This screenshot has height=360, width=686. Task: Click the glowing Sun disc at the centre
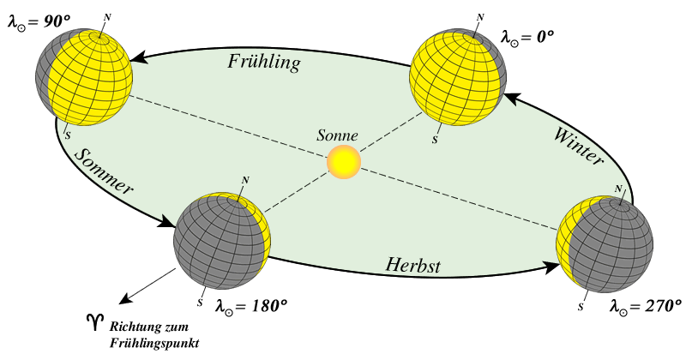coord(344,161)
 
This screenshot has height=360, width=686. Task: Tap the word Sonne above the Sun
coord(337,135)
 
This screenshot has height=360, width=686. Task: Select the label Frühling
coord(263,62)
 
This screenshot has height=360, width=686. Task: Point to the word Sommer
coord(103,171)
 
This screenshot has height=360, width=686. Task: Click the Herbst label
coord(412,265)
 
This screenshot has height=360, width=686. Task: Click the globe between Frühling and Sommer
coord(84,77)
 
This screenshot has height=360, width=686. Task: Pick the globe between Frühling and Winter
coord(457,77)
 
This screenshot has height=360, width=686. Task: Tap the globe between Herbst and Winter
coord(605,243)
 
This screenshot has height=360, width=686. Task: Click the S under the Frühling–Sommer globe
coord(69,135)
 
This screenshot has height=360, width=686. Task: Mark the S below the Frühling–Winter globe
coord(435,140)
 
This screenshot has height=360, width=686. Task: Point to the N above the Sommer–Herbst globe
coord(245,180)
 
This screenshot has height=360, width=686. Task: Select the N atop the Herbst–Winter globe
coord(617,189)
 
